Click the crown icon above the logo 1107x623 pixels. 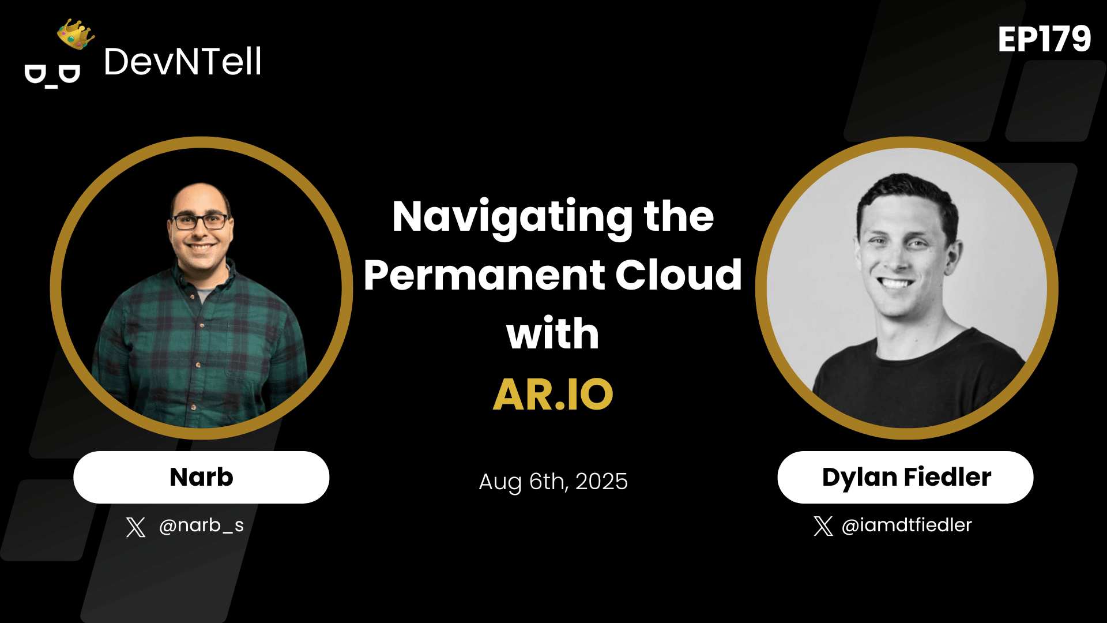point(76,34)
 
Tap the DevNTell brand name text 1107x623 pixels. point(182,62)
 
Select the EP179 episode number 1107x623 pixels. point(1044,40)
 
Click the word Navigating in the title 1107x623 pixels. point(512,217)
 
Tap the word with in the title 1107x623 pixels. point(552,334)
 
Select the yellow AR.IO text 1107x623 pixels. point(553,395)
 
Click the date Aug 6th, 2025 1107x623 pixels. point(553,481)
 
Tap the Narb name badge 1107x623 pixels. point(201,477)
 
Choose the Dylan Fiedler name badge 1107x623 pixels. point(905,477)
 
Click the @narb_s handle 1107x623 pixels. point(201,525)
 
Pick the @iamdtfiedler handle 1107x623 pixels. point(906,525)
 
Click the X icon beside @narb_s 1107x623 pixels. point(135,527)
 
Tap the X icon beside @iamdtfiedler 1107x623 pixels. point(823,526)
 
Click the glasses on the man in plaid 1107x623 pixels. point(200,222)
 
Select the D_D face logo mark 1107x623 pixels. point(52,76)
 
